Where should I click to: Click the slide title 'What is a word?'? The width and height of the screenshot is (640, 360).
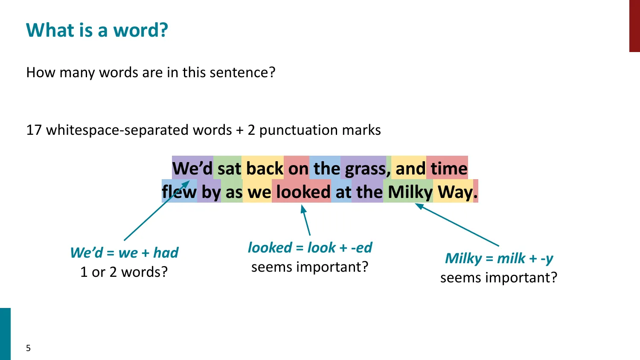(97, 30)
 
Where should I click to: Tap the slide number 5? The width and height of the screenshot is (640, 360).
(28, 348)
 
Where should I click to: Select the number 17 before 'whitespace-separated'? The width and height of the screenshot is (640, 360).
(34, 130)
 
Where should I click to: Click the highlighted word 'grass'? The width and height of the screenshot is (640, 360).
(365, 168)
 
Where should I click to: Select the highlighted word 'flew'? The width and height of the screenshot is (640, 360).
(179, 192)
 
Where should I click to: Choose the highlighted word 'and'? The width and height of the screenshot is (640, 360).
(410, 168)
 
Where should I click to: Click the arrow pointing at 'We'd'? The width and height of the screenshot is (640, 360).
(156, 211)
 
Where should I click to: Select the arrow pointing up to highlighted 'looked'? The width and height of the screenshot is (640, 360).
(306, 220)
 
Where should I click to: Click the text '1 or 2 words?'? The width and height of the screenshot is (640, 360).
(124, 272)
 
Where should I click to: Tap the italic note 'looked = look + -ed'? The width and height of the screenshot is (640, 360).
(310, 247)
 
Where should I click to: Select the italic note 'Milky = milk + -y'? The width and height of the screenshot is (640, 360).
(499, 258)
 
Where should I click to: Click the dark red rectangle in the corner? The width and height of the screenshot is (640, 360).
(634, 26)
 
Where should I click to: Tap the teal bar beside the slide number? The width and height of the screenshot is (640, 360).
(5, 334)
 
